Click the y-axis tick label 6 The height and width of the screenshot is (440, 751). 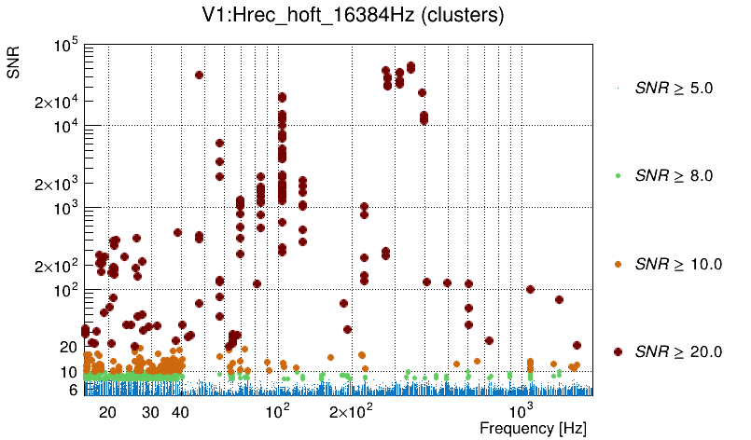[x=72, y=391]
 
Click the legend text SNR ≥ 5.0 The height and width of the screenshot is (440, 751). [x=674, y=89]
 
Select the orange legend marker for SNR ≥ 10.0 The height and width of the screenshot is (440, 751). [x=619, y=264]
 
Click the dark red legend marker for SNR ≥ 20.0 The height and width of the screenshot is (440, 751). [x=619, y=351]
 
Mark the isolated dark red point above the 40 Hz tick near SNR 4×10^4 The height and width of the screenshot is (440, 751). [x=199, y=75]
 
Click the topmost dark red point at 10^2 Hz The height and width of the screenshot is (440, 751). [x=281, y=97]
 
